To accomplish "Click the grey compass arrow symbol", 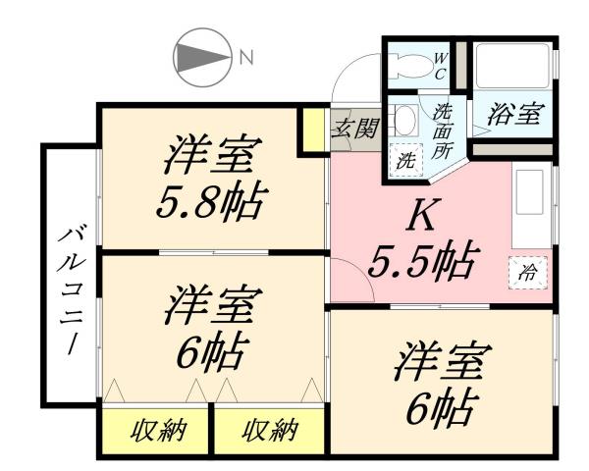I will (x=201, y=56).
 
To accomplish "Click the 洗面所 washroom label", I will (x=443, y=131).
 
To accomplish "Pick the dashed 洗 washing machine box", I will (x=403, y=160).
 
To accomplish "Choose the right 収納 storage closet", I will (x=269, y=430).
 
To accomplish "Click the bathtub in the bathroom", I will (x=510, y=68).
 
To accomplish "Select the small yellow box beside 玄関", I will (x=313, y=130).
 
